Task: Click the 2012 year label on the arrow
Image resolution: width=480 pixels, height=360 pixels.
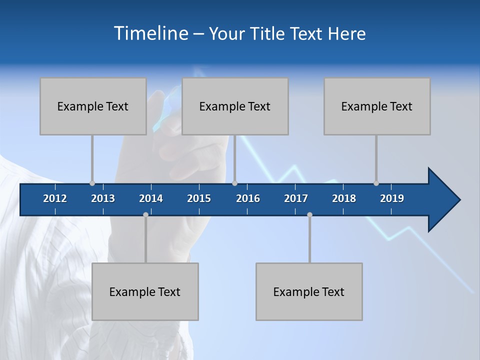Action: (55, 198)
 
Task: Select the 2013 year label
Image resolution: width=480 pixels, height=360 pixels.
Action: (103, 198)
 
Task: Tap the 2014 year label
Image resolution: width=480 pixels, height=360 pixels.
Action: (151, 198)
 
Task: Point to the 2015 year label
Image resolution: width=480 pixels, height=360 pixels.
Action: (199, 198)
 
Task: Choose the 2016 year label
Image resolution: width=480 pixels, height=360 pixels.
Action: (248, 198)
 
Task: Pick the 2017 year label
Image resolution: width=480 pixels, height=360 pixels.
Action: (296, 198)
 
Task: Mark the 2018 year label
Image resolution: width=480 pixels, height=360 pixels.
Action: (344, 198)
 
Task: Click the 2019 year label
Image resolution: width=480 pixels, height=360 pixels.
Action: (392, 198)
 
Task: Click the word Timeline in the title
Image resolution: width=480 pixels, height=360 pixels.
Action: (150, 33)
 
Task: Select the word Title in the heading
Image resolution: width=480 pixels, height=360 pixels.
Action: (269, 34)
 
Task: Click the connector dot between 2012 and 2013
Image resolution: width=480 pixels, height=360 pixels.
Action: (92, 183)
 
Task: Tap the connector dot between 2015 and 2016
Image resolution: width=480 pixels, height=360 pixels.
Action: (235, 183)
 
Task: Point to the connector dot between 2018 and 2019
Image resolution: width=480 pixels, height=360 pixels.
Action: (376, 183)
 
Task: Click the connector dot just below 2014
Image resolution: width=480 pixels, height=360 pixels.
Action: (145, 214)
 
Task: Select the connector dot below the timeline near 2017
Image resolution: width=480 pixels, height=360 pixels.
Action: (309, 214)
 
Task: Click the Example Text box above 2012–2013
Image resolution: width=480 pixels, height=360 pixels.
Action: (93, 106)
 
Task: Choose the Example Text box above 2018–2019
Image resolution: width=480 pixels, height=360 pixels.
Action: (377, 106)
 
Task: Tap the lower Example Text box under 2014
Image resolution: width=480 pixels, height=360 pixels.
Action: (145, 291)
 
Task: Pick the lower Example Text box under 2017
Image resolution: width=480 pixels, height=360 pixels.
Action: (309, 291)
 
